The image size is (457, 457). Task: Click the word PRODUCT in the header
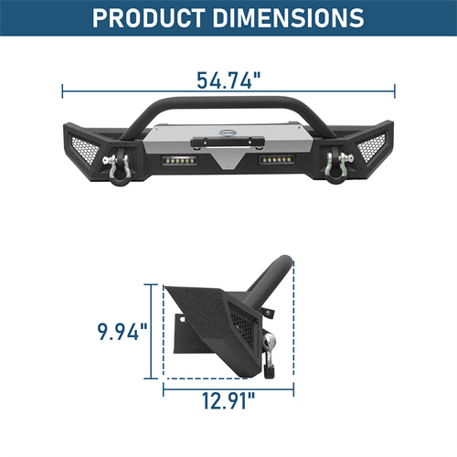tap(149, 18)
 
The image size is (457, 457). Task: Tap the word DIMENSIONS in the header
tap(288, 18)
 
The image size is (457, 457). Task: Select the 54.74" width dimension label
tap(228, 80)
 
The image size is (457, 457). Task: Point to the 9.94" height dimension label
tap(122, 332)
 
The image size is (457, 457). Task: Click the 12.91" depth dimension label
tap(228, 400)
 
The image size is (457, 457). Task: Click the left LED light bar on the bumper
tap(179, 161)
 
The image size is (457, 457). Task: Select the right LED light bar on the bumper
tap(277, 160)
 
